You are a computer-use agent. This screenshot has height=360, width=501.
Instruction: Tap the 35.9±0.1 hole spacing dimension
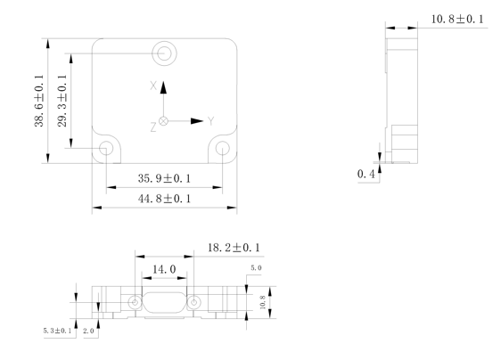tap(163, 179)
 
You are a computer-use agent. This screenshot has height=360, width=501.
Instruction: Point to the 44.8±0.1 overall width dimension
tap(163, 200)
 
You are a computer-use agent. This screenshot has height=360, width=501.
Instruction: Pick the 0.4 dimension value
tap(365, 173)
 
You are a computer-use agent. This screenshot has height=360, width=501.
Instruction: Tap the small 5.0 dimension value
tap(256, 268)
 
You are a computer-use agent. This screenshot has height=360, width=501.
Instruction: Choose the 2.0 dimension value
tap(89, 331)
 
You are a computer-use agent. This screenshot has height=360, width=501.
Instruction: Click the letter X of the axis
tap(153, 86)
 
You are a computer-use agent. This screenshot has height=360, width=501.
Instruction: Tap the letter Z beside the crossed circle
tap(153, 127)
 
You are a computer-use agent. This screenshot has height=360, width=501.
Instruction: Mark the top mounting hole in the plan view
tap(163, 53)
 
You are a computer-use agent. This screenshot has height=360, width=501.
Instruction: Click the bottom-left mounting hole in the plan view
tap(106, 147)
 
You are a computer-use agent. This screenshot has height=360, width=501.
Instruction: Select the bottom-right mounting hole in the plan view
tap(222, 147)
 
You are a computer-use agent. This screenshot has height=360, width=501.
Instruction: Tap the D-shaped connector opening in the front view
tap(161, 303)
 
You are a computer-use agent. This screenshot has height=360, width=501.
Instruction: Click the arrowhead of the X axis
tap(164, 92)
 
